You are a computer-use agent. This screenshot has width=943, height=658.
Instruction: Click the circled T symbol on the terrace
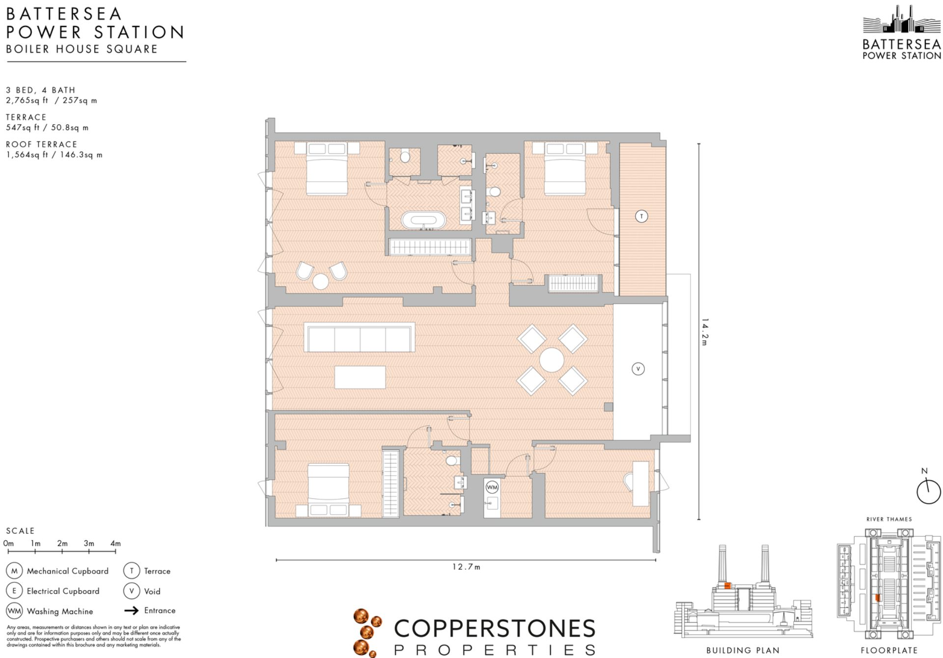click(641, 216)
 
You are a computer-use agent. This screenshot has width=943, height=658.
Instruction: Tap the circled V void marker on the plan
click(638, 369)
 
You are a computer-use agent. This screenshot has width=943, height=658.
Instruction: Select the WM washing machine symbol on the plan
click(492, 487)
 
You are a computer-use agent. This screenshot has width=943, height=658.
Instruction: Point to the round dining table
click(552, 360)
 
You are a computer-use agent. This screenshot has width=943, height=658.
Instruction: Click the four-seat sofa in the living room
click(360, 337)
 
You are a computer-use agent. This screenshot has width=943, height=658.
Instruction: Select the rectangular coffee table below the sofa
click(360, 377)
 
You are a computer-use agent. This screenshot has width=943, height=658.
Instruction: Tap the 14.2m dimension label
click(705, 332)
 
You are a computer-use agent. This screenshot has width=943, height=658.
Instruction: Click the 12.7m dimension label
click(466, 567)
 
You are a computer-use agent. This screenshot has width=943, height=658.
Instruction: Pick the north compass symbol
click(928, 491)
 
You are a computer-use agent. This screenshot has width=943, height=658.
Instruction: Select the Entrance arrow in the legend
click(131, 611)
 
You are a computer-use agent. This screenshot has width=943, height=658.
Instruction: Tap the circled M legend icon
click(14, 571)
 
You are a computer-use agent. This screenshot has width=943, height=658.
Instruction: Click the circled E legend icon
click(14, 591)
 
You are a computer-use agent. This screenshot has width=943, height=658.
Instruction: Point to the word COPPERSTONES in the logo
click(495, 629)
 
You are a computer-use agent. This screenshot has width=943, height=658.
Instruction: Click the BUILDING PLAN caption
click(743, 651)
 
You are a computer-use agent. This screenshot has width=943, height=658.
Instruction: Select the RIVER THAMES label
click(889, 519)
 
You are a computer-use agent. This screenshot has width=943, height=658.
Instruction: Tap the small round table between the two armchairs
click(321, 282)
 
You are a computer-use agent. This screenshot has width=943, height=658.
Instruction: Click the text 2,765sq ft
click(27, 100)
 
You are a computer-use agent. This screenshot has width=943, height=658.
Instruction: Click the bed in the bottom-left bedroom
click(328, 489)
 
